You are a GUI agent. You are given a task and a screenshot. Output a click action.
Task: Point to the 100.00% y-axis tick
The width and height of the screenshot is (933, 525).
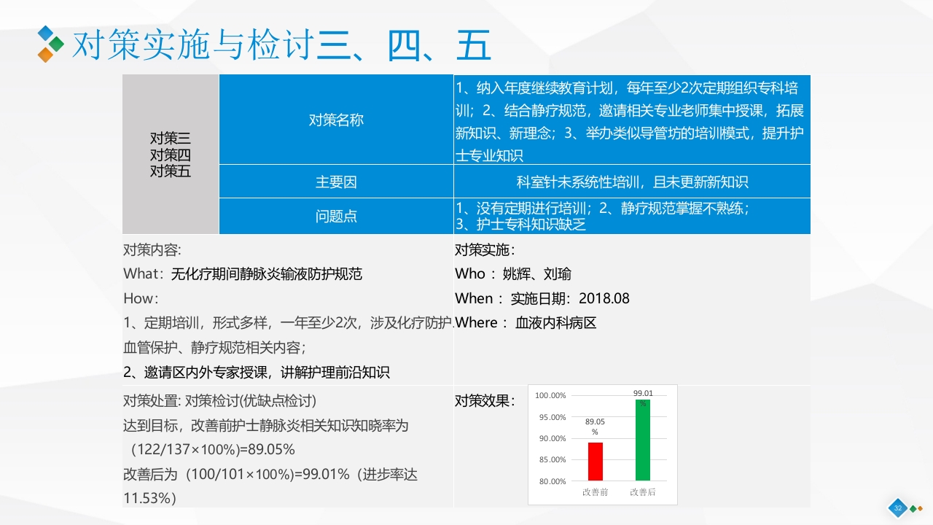tap(550, 395)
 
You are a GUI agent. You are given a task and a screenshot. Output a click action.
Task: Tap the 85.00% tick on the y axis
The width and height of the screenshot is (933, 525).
tap(550, 459)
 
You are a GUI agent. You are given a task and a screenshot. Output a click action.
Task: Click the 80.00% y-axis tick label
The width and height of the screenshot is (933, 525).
tap(550, 481)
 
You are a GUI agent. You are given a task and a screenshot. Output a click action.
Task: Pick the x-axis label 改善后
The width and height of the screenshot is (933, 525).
tap(643, 492)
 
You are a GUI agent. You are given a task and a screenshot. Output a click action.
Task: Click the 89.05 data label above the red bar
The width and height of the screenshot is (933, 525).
tap(595, 426)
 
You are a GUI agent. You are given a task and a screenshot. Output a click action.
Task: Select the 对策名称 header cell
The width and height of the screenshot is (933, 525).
tap(336, 120)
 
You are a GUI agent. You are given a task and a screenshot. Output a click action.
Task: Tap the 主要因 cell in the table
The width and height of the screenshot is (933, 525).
tap(336, 182)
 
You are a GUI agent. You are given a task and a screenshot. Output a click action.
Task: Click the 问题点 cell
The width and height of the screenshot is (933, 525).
tap(336, 217)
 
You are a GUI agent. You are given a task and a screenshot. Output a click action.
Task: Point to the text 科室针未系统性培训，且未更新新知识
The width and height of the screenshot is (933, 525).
tap(632, 182)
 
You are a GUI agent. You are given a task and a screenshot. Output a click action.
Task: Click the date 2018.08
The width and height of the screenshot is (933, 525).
tap(604, 299)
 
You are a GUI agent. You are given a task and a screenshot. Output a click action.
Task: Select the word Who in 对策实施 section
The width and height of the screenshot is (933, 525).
tap(469, 274)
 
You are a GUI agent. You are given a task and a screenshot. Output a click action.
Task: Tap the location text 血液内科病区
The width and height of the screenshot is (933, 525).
tap(555, 323)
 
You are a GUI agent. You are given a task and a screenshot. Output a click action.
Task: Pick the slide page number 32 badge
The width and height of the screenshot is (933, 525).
tap(897, 508)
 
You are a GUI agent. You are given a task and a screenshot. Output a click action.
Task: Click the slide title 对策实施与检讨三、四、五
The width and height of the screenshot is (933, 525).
tap(281, 45)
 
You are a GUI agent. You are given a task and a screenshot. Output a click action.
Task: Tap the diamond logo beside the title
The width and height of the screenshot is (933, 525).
tap(50, 44)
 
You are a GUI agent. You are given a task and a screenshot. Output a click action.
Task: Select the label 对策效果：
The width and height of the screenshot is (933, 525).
tap(485, 400)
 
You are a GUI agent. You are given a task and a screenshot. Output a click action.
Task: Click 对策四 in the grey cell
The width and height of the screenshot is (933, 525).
tap(171, 155)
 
